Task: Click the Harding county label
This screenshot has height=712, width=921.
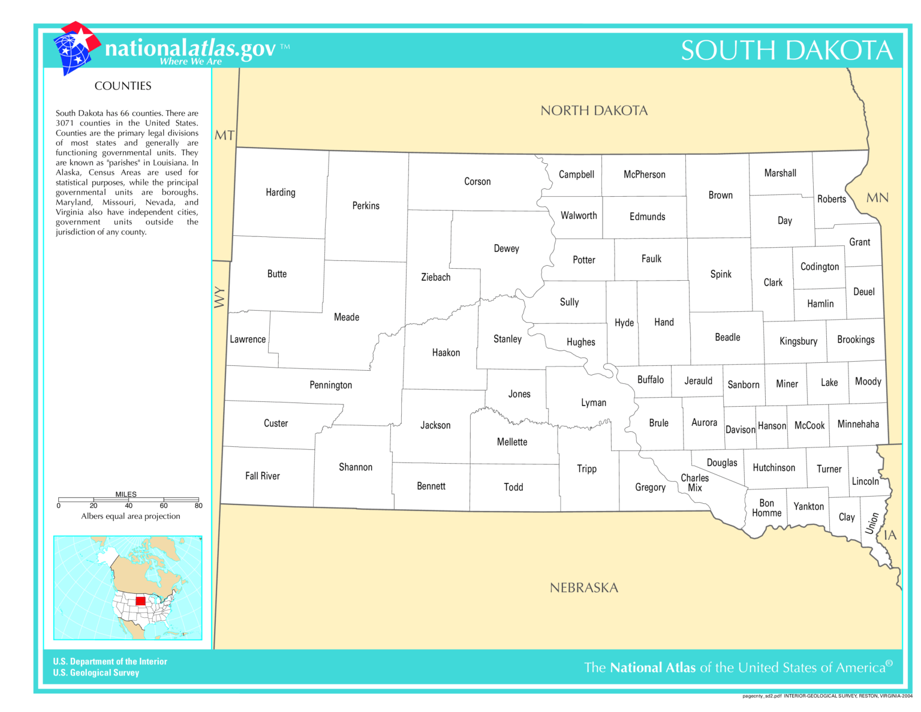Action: [x=281, y=193]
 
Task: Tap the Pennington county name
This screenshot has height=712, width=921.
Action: [x=330, y=385]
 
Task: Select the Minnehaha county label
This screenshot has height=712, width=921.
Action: [x=858, y=424]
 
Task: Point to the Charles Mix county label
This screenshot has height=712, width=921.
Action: [x=694, y=483]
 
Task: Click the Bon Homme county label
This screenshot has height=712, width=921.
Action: [x=766, y=508]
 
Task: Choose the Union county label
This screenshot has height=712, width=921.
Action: [x=872, y=523]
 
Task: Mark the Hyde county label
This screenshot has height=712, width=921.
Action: [x=624, y=323]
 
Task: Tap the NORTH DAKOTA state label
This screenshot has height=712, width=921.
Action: [x=594, y=110]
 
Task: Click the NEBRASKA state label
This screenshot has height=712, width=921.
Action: [x=583, y=588]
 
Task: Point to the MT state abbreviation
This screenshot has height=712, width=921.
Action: [x=224, y=136]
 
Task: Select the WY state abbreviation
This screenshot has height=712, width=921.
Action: [x=219, y=297]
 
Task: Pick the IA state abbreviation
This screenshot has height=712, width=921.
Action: [x=890, y=535]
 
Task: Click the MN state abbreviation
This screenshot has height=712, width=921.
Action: [x=877, y=198]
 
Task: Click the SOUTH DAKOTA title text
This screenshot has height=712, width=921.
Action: [x=787, y=50]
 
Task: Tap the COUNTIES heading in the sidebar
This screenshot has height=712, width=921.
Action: [x=123, y=86]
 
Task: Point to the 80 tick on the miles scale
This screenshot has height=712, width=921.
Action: [x=198, y=506]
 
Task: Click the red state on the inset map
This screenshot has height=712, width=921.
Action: [x=140, y=601]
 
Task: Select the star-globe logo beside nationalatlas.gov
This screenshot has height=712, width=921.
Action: [x=75, y=48]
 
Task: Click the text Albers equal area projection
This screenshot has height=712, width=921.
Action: [x=131, y=516]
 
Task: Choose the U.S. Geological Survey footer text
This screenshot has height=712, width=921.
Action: [x=96, y=673]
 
